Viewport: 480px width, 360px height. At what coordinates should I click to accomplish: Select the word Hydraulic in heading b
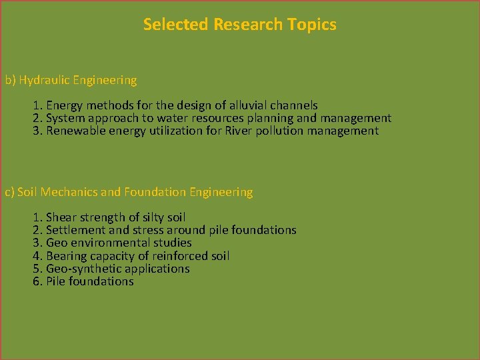44,81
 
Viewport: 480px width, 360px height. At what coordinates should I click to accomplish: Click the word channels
293,105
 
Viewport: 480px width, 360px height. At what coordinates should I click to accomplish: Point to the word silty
149,217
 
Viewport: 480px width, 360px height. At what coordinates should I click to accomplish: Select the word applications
158,269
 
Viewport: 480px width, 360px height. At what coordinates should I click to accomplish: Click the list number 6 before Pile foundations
37,281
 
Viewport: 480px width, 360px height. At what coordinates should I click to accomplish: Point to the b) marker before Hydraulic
10,81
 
